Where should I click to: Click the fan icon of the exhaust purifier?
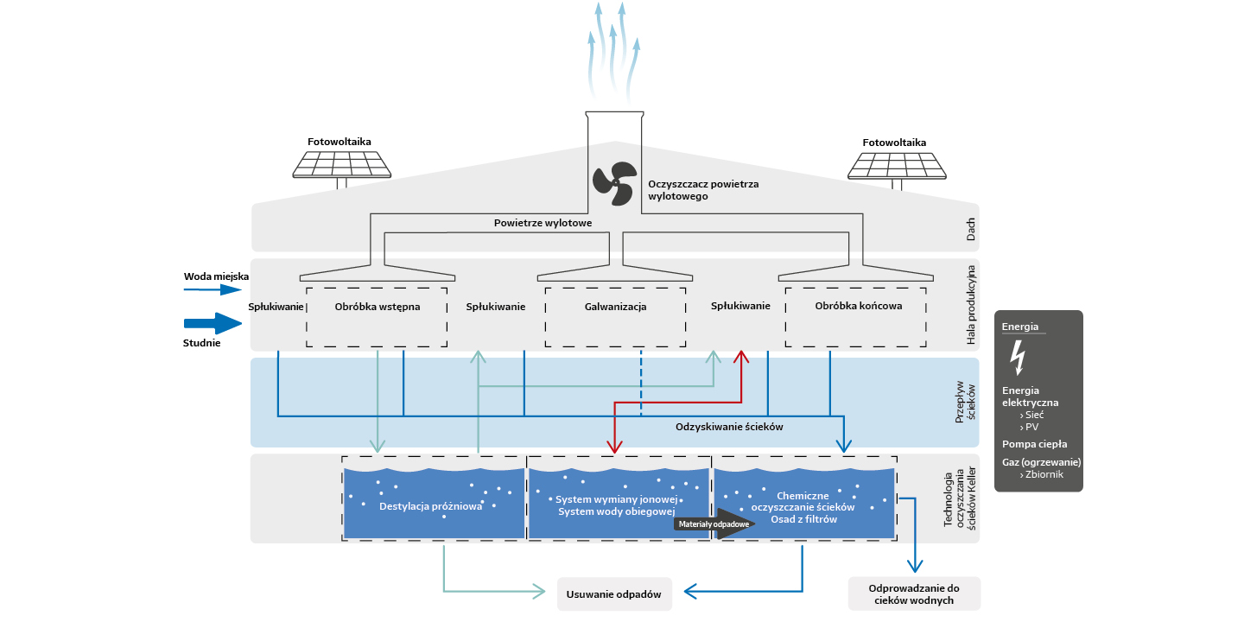click(x=614, y=184)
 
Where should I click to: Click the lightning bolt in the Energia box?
click(x=1018, y=355)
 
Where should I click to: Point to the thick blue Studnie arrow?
click(x=213, y=323)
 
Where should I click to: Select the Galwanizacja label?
click(x=615, y=306)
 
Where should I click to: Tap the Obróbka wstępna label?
click(x=377, y=306)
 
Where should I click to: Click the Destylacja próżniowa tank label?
click(x=430, y=506)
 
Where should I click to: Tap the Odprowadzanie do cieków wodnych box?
click(x=914, y=593)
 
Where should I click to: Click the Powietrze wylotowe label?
click(x=543, y=223)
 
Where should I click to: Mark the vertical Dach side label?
click(x=970, y=227)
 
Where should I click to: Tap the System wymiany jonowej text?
click(x=616, y=499)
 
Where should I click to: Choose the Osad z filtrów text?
click(x=803, y=519)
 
